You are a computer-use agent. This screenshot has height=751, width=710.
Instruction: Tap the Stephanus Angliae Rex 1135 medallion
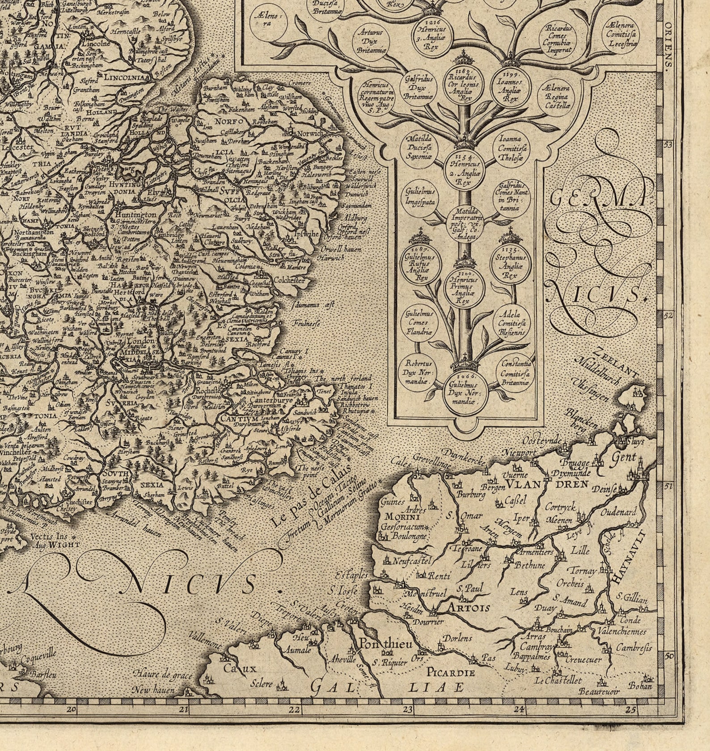tap(511, 267)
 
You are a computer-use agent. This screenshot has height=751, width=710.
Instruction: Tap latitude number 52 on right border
tap(668, 316)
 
